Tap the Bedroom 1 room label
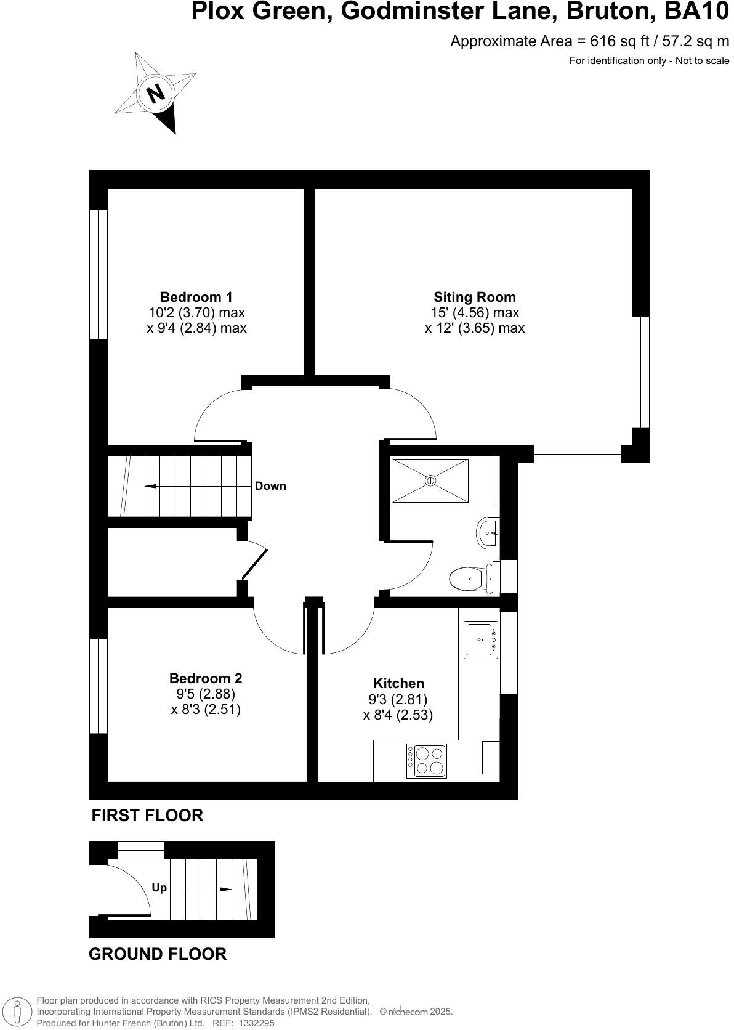[x=196, y=297]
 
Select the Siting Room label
[x=474, y=297]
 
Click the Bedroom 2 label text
[x=206, y=678]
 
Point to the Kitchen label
[x=398, y=683]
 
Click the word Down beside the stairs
[x=270, y=486]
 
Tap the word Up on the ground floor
[x=159, y=888]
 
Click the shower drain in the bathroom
[x=430, y=480]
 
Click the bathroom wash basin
[x=488, y=532]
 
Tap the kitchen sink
[x=480, y=641]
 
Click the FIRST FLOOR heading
[x=147, y=816]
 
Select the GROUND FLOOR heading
[x=158, y=954]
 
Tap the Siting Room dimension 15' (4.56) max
[x=474, y=312]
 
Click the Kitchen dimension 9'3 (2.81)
[x=398, y=699]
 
